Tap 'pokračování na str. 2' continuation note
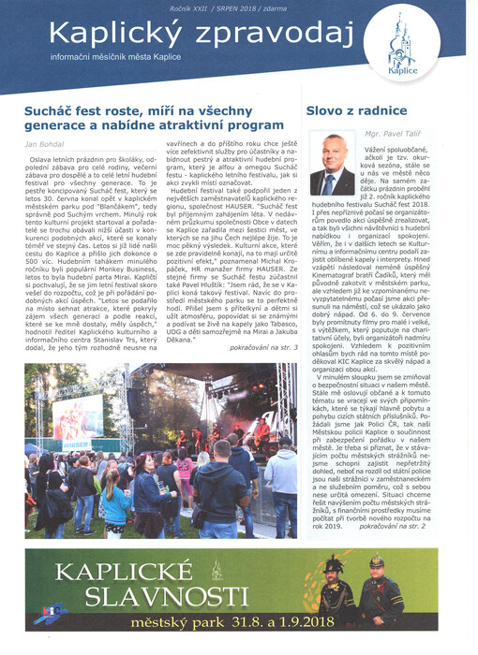[432, 528]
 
